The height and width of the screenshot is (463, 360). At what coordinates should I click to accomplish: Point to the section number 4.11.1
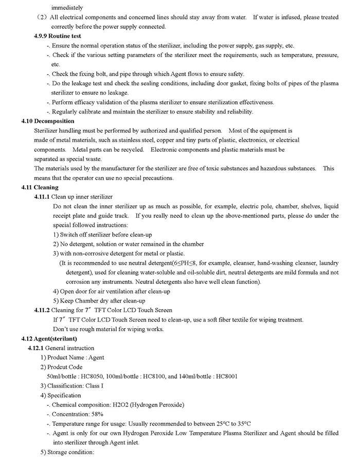click(x=42, y=197)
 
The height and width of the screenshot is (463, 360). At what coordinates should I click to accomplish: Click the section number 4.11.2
click(x=42, y=310)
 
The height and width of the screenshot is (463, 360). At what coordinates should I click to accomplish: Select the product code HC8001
click(x=226, y=376)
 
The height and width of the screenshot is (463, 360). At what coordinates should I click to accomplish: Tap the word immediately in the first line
click(x=67, y=8)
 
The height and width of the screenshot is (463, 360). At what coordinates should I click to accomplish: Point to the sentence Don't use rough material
click(x=109, y=329)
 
